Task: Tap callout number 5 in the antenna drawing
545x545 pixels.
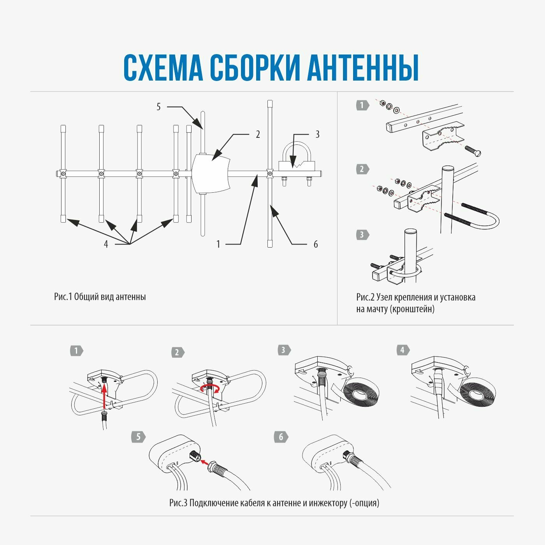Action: (158, 107)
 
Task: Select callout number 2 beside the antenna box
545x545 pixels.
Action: (258, 134)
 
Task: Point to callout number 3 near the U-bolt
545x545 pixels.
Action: (317, 134)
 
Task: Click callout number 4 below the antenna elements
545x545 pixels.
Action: (106, 244)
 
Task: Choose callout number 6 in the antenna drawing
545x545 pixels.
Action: (316, 244)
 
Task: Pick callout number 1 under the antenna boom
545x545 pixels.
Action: (218, 244)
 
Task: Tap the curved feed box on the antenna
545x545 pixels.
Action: (211, 173)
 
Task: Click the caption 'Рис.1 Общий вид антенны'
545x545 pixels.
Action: (100, 297)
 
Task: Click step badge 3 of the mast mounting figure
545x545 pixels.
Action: (362, 235)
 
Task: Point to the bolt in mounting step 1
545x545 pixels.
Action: (473, 151)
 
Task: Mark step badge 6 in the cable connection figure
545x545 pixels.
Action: (281, 437)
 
